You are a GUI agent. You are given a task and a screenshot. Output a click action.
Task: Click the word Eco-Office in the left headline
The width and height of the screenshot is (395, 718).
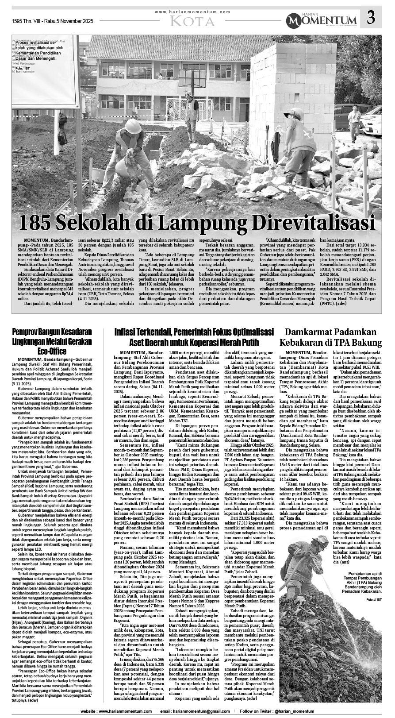52,351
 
